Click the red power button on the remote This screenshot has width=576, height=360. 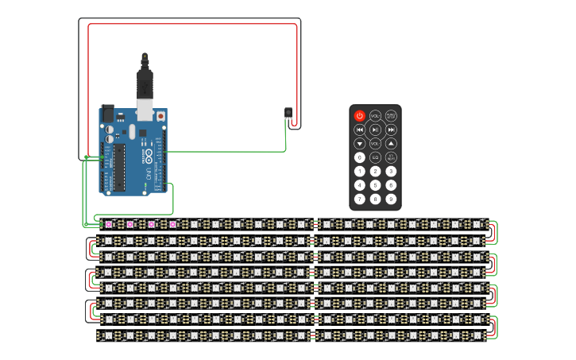click(359, 116)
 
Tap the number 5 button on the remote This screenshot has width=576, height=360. click(375, 185)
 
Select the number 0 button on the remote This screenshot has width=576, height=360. click(359, 157)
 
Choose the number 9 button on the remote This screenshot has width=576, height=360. click(391, 199)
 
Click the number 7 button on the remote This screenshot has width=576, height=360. click(359, 199)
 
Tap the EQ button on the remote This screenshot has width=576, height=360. click(375, 157)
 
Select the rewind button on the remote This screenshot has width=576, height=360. click(359, 130)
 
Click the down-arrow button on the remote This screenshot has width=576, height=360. click(359, 144)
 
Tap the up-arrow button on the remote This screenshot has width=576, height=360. click(391, 144)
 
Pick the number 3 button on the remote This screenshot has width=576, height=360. click(391, 171)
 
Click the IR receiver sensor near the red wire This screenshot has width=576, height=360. click(288, 113)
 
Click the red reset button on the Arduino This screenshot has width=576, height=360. click(161, 116)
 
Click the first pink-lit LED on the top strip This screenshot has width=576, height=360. click(109, 224)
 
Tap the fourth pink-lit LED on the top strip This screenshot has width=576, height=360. click(172, 224)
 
